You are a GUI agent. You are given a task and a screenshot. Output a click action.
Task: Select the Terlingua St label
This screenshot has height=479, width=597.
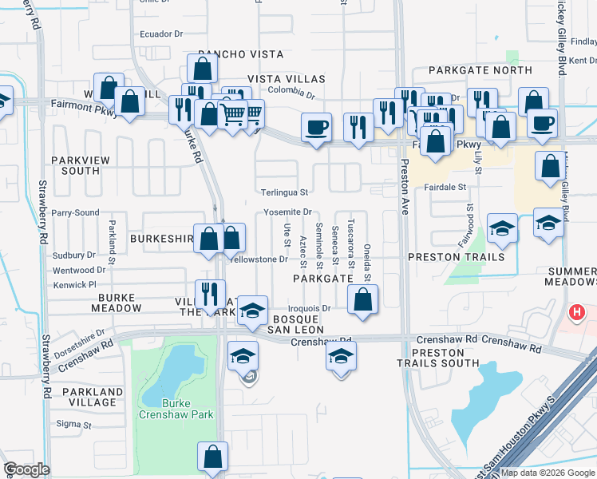tap(284, 192)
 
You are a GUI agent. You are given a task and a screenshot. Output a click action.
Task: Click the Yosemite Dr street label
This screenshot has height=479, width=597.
tap(288, 212)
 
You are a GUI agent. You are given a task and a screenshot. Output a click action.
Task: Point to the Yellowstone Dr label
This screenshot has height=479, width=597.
tap(258, 259)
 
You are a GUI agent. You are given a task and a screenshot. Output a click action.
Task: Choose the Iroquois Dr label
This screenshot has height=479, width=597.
tap(309, 307)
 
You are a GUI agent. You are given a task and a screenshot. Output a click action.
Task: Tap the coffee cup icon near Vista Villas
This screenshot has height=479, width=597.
tap(316, 127)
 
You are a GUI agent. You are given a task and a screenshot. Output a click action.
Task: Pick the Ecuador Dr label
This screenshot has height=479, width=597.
tap(161, 34)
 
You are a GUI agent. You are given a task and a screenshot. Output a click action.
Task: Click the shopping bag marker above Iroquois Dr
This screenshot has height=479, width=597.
tap(362, 299)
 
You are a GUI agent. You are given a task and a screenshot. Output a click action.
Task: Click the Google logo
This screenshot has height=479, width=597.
tap(27, 469)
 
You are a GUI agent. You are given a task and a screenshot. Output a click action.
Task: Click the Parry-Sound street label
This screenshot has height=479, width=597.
tap(75, 213)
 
